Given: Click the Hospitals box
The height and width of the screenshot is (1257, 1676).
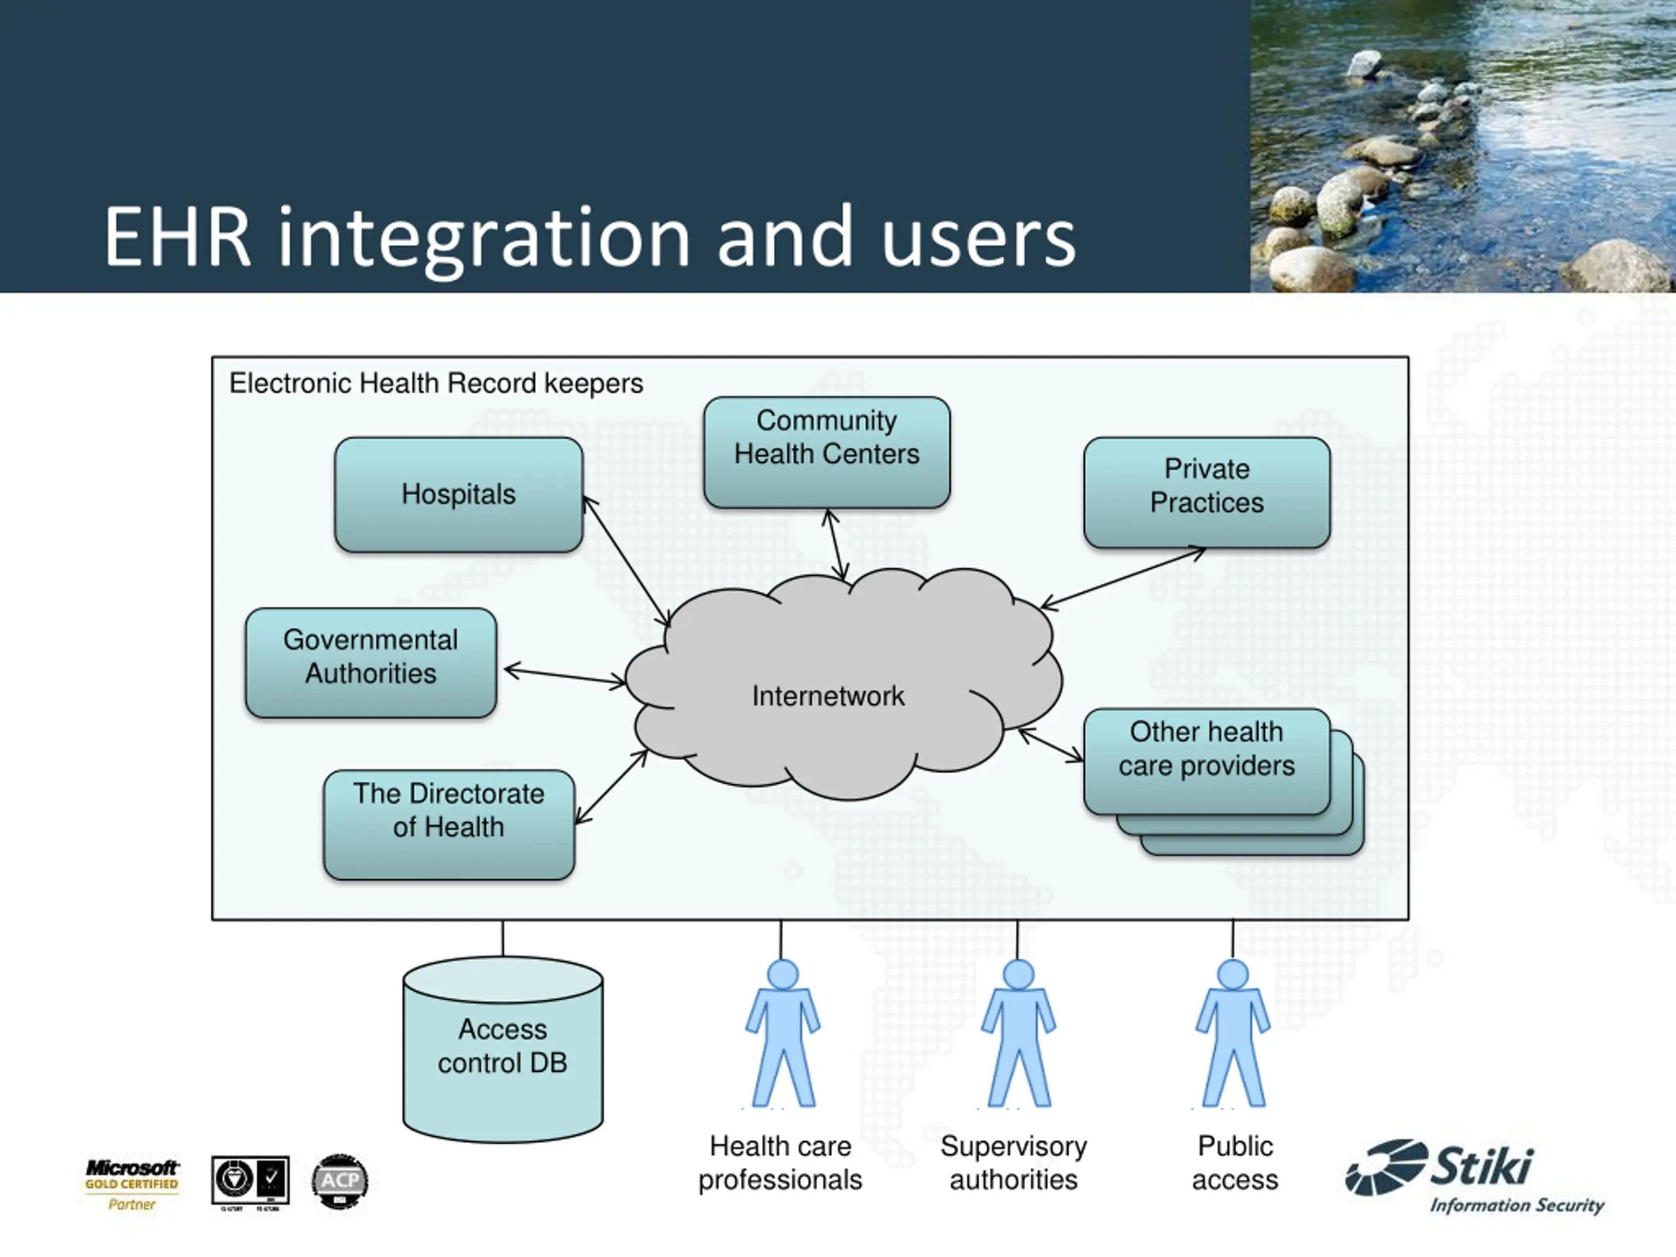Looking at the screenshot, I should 458,494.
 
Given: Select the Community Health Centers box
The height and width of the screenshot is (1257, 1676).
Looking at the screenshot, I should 827,452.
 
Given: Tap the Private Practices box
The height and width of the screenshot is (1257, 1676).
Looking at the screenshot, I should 1206,492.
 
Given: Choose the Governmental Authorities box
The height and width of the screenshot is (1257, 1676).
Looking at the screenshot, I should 371,663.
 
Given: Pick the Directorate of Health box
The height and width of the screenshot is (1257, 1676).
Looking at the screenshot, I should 448,824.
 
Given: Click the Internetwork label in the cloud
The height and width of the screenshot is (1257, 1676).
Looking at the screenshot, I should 828,695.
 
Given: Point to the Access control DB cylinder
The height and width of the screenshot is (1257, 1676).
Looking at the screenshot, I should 502,1049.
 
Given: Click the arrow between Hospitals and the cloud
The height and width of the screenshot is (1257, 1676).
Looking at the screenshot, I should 626,560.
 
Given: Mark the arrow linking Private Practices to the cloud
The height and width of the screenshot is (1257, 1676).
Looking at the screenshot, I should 1123,578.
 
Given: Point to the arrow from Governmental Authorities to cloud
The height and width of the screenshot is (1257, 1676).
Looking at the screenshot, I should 564,676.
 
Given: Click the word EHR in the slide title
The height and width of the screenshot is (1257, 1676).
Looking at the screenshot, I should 177,237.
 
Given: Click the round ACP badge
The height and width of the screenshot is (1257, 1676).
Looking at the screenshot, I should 339,1180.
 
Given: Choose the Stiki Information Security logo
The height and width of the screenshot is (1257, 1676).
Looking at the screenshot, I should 1474,1177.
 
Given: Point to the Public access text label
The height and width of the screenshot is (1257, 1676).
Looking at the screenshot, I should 1234,1162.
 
